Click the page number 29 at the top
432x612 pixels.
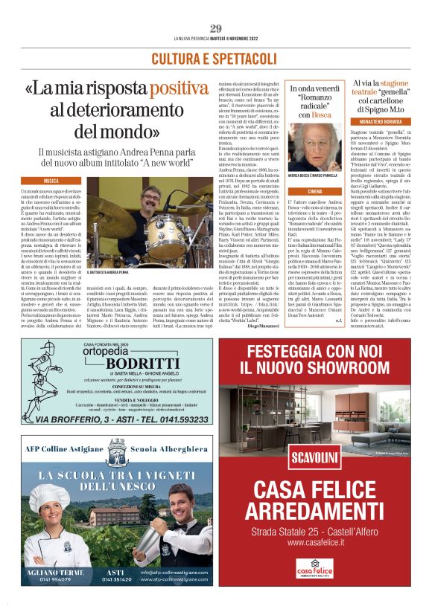point(215,28)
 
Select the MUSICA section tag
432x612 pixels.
point(51,181)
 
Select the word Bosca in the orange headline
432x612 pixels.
point(322,115)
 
